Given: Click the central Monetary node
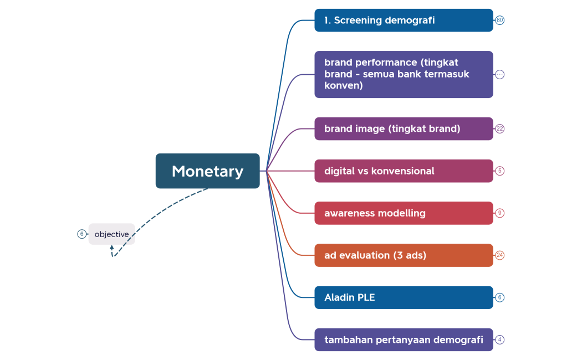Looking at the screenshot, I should [x=207, y=171].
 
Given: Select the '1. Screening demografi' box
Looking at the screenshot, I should [x=404, y=20].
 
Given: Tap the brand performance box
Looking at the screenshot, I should [x=404, y=74].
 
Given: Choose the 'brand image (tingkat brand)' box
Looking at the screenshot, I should [x=404, y=128].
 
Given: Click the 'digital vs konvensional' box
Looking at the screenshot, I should [x=404, y=171].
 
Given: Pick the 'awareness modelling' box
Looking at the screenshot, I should [x=404, y=213].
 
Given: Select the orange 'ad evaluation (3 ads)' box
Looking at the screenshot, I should [x=404, y=255].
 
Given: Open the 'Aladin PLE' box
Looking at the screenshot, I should [x=404, y=297].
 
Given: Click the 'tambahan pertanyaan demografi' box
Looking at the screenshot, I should [x=404, y=340].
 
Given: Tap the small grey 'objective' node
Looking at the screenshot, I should [x=111, y=234].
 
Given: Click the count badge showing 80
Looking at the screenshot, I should [x=500, y=20].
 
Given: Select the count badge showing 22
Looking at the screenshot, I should [x=500, y=128].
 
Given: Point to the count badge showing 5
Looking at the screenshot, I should [x=500, y=171].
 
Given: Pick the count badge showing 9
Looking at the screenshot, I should [x=500, y=213].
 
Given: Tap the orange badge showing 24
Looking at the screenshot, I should [x=500, y=255].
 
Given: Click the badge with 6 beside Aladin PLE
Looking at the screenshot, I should [x=500, y=297].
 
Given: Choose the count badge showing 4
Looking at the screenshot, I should [x=500, y=340].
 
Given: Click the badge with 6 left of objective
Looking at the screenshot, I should [x=82, y=234].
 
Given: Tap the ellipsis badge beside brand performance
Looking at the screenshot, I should [x=500, y=74].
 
